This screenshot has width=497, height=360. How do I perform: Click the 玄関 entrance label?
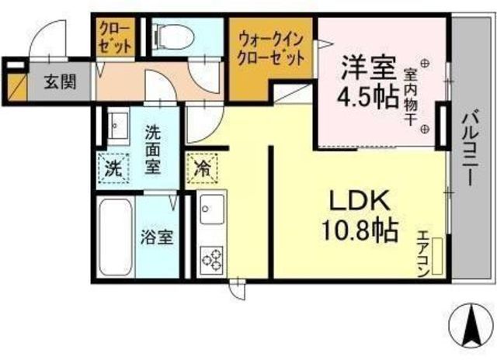point(59,80)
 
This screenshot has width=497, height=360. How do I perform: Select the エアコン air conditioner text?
point(423,250)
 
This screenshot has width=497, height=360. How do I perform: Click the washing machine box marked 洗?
point(113,167)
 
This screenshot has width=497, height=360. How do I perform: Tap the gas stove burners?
point(210,258)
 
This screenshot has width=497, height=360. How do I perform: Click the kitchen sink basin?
point(210,209)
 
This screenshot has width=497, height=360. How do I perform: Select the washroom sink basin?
point(117,124)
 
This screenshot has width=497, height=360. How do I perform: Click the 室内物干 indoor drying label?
point(411,97)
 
